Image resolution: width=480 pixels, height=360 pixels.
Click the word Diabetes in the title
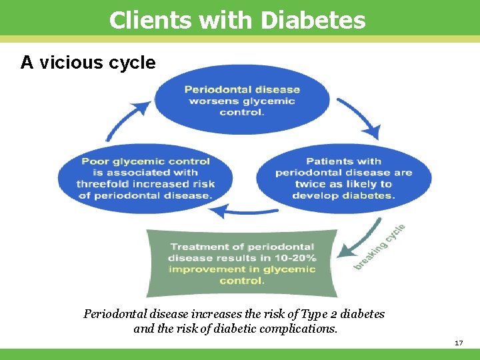(x=313, y=20)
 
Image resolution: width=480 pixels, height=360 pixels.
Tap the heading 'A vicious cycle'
(x=88, y=63)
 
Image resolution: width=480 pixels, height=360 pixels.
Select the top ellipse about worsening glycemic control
(x=242, y=100)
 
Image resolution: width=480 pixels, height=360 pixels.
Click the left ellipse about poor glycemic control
(x=145, y=178)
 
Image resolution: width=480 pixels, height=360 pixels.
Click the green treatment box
(x=241, y=263)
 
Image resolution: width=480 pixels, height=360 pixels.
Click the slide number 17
(x=458, y=343)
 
